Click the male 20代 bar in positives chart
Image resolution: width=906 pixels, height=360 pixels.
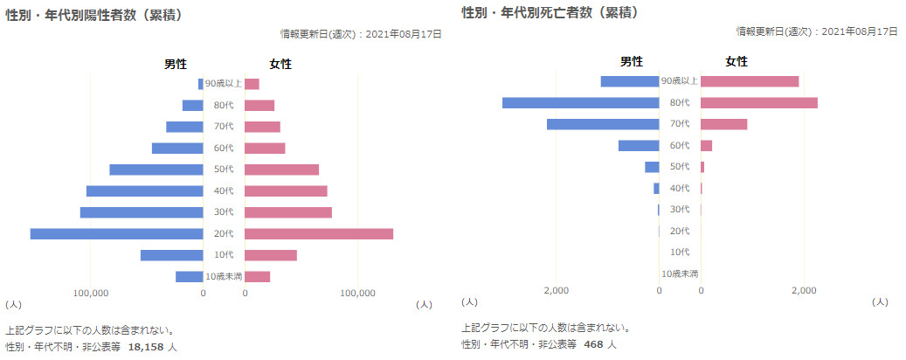pyautogui.click(x=116, y=233)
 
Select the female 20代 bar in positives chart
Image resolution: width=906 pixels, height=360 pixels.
pyautogui.click(x=319, y=233)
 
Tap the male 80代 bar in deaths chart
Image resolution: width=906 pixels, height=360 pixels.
pyautogui.click(x=580, y=103)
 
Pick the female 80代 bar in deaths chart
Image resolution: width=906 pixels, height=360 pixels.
pyautogui.click(x=759, y=103)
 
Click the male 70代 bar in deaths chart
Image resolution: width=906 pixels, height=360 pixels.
pyautogui.click(x=603, y=124)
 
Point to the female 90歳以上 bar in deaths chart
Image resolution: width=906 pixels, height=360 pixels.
pyautogui.click(x=750, y=81)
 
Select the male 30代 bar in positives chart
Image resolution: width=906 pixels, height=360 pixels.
pyautogui.click(x=142, y=212)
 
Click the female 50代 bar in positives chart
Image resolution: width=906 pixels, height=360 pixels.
pyautogui.click(x=281, y=170)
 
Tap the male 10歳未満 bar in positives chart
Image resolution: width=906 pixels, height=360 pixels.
pyautogui.click(x=190, y=276)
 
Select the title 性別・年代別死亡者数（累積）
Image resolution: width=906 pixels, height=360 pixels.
pyautogui.click(x=550, y=13)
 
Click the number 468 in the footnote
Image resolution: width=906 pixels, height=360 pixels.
pyautogui.click(x=593, y=344)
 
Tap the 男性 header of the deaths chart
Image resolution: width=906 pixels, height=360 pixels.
pyautogui.click(x=632, y=61)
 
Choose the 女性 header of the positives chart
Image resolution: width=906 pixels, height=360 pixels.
pyautogui.click(x=280, y=64)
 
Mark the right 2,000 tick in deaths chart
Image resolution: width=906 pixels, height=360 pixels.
pyautogui.click(x=804, y=290)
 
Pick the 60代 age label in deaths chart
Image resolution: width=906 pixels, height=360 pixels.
pyautogui.click(x=680, y=145)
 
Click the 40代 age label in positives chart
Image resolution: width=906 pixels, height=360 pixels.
pyautogui.click(x=224, y=190)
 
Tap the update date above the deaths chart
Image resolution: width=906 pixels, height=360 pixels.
pyautogui.click(x=817, y=31)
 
